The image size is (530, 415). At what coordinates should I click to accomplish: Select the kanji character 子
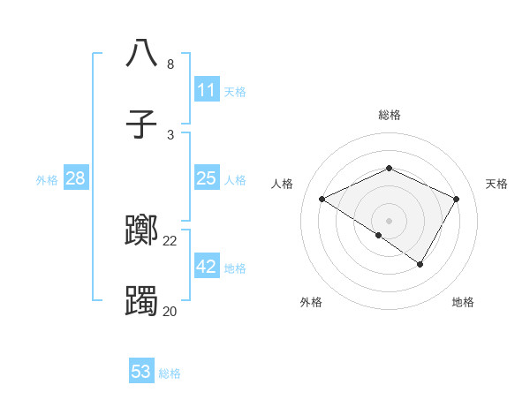click(141, 124)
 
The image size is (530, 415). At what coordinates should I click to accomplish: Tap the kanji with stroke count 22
click(141, 231)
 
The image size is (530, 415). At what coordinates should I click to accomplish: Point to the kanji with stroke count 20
click(141, 301)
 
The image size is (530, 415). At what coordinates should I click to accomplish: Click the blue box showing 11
click(206, 90)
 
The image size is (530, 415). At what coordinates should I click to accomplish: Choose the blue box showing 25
click(206, 178)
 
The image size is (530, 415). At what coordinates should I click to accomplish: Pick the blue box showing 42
click(206, 267)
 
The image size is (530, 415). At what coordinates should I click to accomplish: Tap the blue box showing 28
click(75, 178)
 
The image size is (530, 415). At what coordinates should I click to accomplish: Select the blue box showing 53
click(141, 372)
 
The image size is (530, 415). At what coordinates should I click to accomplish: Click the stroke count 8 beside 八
click(170, 64)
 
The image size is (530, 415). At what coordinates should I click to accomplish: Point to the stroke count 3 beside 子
click(170, 135)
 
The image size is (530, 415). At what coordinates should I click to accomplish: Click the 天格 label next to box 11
click(235, 92)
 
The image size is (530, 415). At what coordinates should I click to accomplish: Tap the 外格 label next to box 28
click(47, 180)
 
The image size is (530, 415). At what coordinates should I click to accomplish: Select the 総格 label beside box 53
click(170, 373)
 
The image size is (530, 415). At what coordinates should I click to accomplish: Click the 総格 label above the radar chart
click(390, 115)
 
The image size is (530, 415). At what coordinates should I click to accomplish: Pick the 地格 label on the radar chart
click(463, 302)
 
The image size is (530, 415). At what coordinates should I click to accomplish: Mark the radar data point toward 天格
click(457, 199)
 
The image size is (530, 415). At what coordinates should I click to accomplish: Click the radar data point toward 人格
click(322, 199)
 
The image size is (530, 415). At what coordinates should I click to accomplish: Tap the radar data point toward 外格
click(379, 235)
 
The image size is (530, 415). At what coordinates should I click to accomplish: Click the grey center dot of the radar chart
click(390, 220)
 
